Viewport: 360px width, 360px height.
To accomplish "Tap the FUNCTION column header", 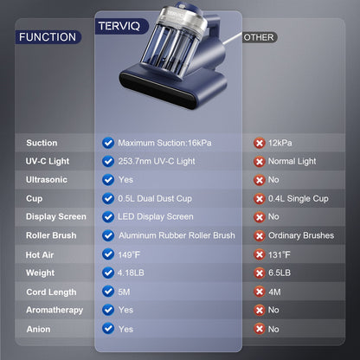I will click(x=47, y=37).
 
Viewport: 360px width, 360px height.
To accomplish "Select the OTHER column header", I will click(x=260, y=37).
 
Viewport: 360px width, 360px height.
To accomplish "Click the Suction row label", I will click(x=42, y=143).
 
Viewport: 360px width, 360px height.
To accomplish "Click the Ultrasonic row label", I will click(x=47, y=180).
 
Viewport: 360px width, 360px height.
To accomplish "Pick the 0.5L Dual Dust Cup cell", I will click(x=154, y=198).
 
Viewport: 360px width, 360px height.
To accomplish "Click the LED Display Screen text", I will click(x=155, y=217).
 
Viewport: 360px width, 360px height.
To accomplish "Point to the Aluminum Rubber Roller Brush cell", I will click(x=176, y=235).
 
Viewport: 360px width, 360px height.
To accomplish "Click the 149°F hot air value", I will click(x=131, y=254).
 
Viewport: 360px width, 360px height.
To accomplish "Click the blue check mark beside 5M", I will click(x=108, y=292).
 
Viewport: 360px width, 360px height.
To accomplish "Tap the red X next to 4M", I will click(x=259, y=292).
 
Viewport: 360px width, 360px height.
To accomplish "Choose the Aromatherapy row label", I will click(x=55, y=310).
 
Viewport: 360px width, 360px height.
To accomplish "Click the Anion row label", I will click(x=38, y=329).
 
